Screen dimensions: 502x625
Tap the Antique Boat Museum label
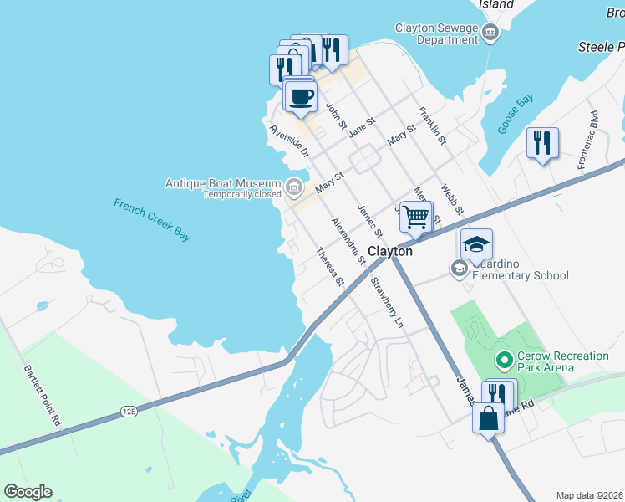pos(223,183)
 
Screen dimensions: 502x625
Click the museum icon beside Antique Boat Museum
pos(293,186)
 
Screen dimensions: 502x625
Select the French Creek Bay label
pos(152,219)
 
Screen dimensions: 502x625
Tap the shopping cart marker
pos(415,218)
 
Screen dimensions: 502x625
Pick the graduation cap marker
pos(476,244)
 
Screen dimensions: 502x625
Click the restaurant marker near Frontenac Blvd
pos(542,143)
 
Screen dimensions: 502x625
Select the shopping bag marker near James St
pos(489,418)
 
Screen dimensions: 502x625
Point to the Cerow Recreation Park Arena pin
pos(504,361)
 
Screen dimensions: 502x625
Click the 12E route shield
pos(129,411)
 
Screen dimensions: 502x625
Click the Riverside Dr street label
pos(290,141)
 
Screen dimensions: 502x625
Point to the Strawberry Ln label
pos(388,301)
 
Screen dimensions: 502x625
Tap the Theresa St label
pos(330,266)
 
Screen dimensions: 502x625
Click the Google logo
pos(28,492)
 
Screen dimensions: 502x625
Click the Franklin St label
pos(433,124)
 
